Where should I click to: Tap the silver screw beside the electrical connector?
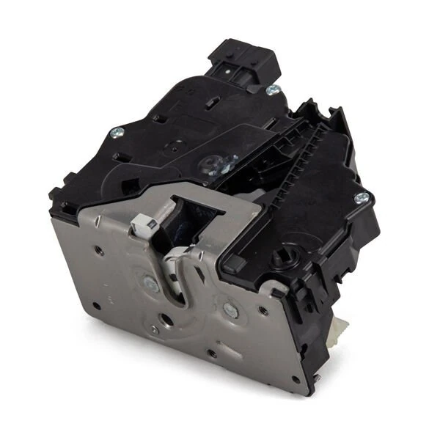pyautogui.click(x=273, y=89)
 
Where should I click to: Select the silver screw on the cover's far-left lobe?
pyautogui.click(x=117, y=133)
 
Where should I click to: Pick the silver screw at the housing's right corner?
pyautogui.click(x=361, y=197)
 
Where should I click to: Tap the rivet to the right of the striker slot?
pyautogui.click(x=230, y=310)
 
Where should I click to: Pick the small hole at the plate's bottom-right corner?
pyautogui.click(x=296, y=379)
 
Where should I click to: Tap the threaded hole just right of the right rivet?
pyautogui.click(x=263, y=310)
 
